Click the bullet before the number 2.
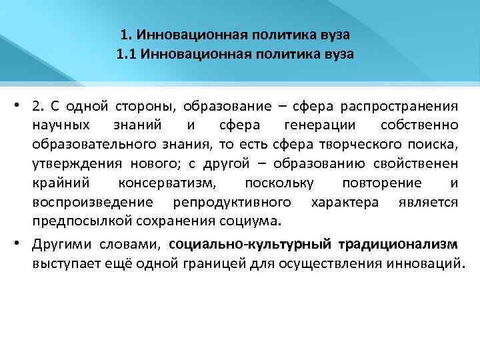pyautogui.click(x=21, y=105)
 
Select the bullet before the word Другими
pyautogui.click(x=21, y=245)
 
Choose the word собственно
pyautogui.click(x=419, y=125)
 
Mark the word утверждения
pyautogui.click(x=72, y=163)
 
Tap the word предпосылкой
pyautogui.click(x=75, y=221)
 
